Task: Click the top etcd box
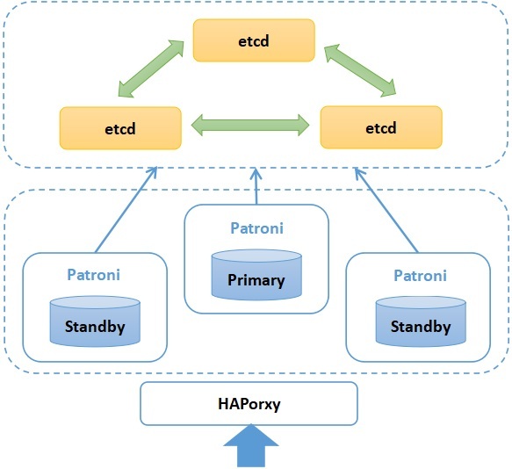pyautogui.click(x=254, y=40)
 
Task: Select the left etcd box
pyautogui.click(x=120, y=128)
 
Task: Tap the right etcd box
pyautogui.click(x=381, y=127)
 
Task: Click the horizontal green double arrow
pyautogui.click(x=250, y=125)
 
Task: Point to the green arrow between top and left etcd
pyautogui.click(x=151, y=69)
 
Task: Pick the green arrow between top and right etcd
pyautogui.click(x=360, y=70)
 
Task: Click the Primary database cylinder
pyautogui.click(x=256, y=275)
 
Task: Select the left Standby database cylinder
pyautogui.click(x=95, y=321)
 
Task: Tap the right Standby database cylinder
pyautogui.click(x=421, y=321)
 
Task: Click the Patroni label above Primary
pyautogui.click(x=256, y=228)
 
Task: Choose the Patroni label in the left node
pyautogui.click(x=93, y=275)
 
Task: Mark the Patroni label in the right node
pyautogui.click(x=421, y=276)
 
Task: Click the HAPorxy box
pyautogui.click(x=249, y=404)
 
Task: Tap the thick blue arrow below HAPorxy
pyautogui.click(x=251, y=446)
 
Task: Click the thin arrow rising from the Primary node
pyautogui.click(x=256, y=186)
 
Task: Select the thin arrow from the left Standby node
pyautogui.click(x=126, y=210)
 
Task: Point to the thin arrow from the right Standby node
pyautogui.click(x=386, y=210)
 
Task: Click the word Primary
pyautogui.click(x=256, y=280)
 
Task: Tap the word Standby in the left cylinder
pyautogui.click(x=95, y=327)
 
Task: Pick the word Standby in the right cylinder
pyautogui.click(x=421, y=327)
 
